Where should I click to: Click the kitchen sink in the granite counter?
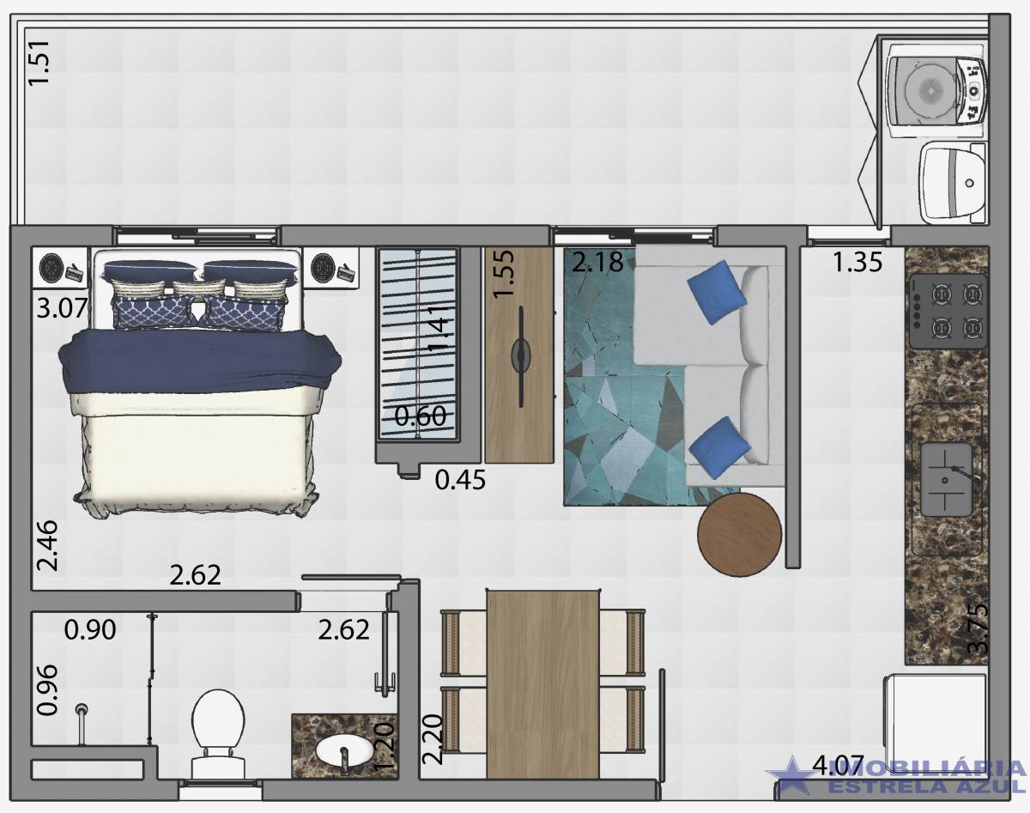[x=946, y=479]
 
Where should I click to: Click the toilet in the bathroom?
[x=215, y=731]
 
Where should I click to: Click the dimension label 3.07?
[x=62, y=306]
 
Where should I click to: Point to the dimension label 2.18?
[x=597, y=262]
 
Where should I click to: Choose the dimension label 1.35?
[x=857, y=262]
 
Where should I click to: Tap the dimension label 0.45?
[x=460, y=480]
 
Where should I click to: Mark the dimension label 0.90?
[x=90, y=630]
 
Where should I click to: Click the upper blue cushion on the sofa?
[x=717, y=292]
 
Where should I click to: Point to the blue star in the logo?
[x=791, y=777]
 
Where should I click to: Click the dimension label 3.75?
[x=977, y=630]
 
